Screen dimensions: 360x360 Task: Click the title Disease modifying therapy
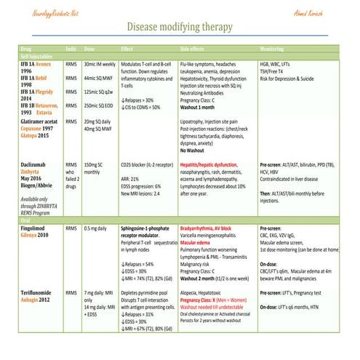pos(180,27)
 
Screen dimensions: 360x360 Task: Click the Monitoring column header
pos(273,49)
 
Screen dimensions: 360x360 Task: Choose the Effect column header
pos(128,49)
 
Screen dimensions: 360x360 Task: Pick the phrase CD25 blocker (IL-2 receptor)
pos(146,165)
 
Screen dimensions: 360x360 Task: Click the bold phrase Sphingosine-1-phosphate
pos(151,228)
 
